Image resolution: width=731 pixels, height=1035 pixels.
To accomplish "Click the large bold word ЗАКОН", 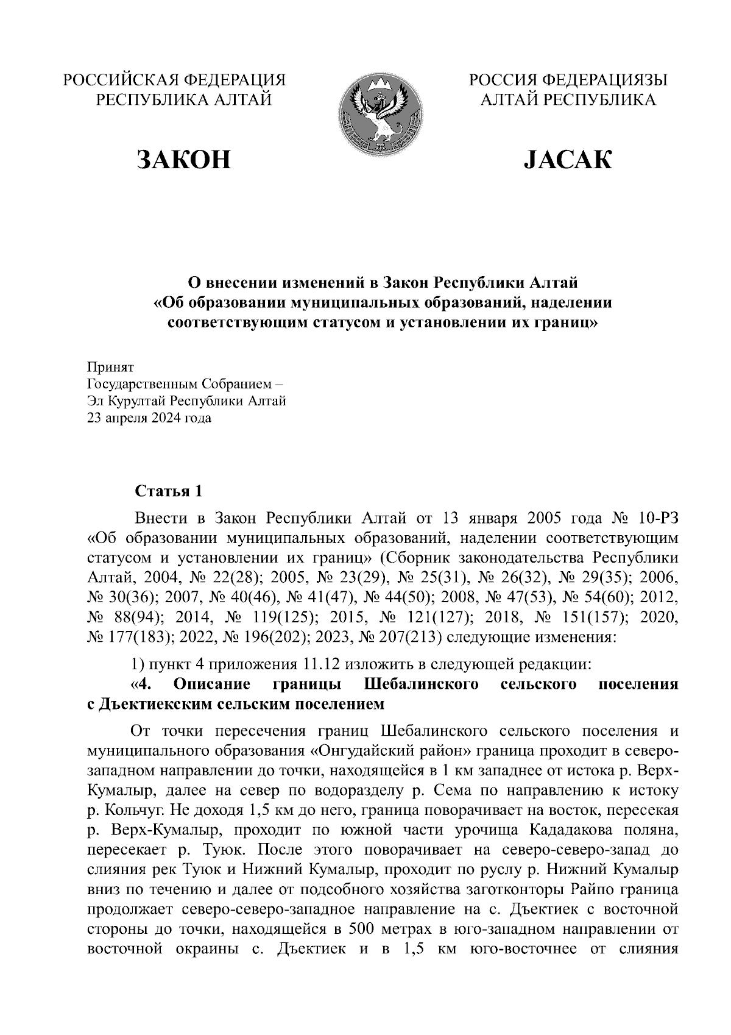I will point(185,159).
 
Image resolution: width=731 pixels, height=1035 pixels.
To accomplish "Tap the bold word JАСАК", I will point(568,159).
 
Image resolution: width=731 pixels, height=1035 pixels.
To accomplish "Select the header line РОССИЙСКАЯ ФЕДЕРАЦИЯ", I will point(175,80).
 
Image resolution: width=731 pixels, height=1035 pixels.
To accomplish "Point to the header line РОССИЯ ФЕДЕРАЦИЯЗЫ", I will point(567,80).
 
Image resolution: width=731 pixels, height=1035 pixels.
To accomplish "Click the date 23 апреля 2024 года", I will point(150,418).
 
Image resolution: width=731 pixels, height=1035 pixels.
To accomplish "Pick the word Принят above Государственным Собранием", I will point(110,368).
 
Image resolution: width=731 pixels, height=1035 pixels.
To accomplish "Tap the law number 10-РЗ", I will point(658,519).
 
